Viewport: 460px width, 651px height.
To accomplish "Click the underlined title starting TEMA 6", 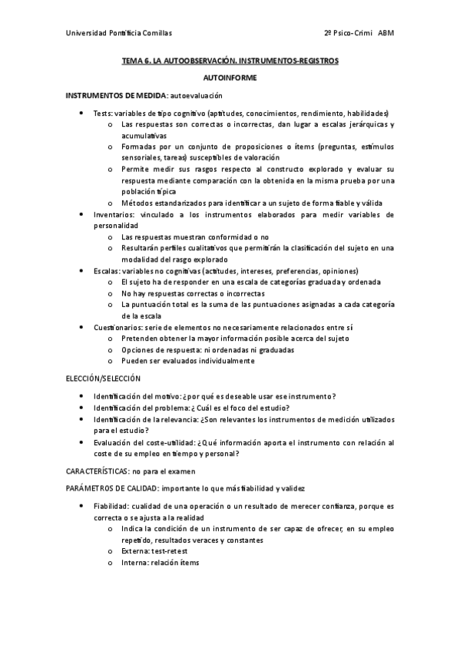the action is [x=230, y=60].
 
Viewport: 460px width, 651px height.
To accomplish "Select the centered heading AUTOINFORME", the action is [x=230, y=78].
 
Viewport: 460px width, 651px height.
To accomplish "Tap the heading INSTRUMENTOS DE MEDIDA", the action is [x=115, y=95].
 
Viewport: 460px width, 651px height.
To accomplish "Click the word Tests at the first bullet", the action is [x=102, y=113].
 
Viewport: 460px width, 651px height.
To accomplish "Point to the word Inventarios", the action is [x=114, y=215].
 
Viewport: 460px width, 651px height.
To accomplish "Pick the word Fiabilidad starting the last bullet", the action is [x=111, y=507].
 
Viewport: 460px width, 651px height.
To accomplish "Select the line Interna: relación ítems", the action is [x=160, y=563].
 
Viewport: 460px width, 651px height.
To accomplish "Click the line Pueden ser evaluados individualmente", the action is [x=187, y=360].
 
